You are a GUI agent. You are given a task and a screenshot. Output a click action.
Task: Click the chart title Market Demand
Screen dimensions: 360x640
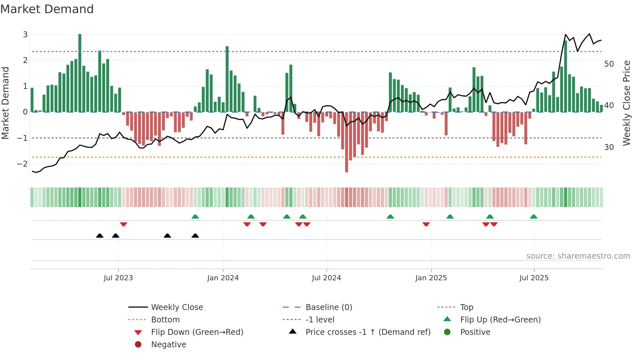click(x=47, y=9)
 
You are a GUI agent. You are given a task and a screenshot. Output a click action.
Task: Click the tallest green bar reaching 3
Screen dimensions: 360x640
click(x=80, y=73)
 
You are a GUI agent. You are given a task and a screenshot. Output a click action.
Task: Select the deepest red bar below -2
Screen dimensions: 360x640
click(x=346, y=142)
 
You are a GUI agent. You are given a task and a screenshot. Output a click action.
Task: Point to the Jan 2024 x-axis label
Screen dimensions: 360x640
click(x=223, y=278)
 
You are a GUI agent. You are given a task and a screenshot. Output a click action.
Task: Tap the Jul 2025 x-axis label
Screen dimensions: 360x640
click(x=534, y=278)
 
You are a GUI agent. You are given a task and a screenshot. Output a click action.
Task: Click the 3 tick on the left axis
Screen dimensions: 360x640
click(x=25, y=34)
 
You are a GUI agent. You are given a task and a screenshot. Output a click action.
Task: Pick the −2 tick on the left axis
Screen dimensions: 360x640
click(x=23, y=164)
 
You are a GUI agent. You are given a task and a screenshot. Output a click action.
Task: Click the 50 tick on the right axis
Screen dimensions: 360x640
click(x=609, y=64)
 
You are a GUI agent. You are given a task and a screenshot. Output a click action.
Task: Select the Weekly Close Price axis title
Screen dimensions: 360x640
click(x=626, y=103)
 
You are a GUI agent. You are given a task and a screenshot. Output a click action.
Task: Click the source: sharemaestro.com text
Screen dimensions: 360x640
click(x=578, y=256)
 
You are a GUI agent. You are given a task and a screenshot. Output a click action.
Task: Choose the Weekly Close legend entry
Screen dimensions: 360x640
click(x=177, y=307)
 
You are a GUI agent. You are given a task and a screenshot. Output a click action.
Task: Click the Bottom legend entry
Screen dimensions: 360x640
click(x=165, y=319)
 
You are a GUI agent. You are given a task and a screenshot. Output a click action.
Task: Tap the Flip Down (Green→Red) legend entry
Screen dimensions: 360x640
click(x=197, y=332)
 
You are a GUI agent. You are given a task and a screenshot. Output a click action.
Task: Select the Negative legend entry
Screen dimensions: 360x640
click(x=168, y=344)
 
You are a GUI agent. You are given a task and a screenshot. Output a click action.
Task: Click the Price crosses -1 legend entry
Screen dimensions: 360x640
click(x=368, y=332)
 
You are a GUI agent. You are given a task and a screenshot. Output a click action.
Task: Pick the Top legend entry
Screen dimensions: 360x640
click(x=466, y=307)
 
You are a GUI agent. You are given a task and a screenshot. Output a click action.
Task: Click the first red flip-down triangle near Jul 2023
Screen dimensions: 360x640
click(x=123, y=224)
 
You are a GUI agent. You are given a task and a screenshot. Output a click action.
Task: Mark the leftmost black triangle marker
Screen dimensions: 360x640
click(x=100, y=236)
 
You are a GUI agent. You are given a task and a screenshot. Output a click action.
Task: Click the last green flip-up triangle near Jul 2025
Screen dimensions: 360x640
click(x=534, y=217)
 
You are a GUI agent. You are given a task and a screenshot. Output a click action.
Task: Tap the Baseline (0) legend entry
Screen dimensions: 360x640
click(x=328, y=307)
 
